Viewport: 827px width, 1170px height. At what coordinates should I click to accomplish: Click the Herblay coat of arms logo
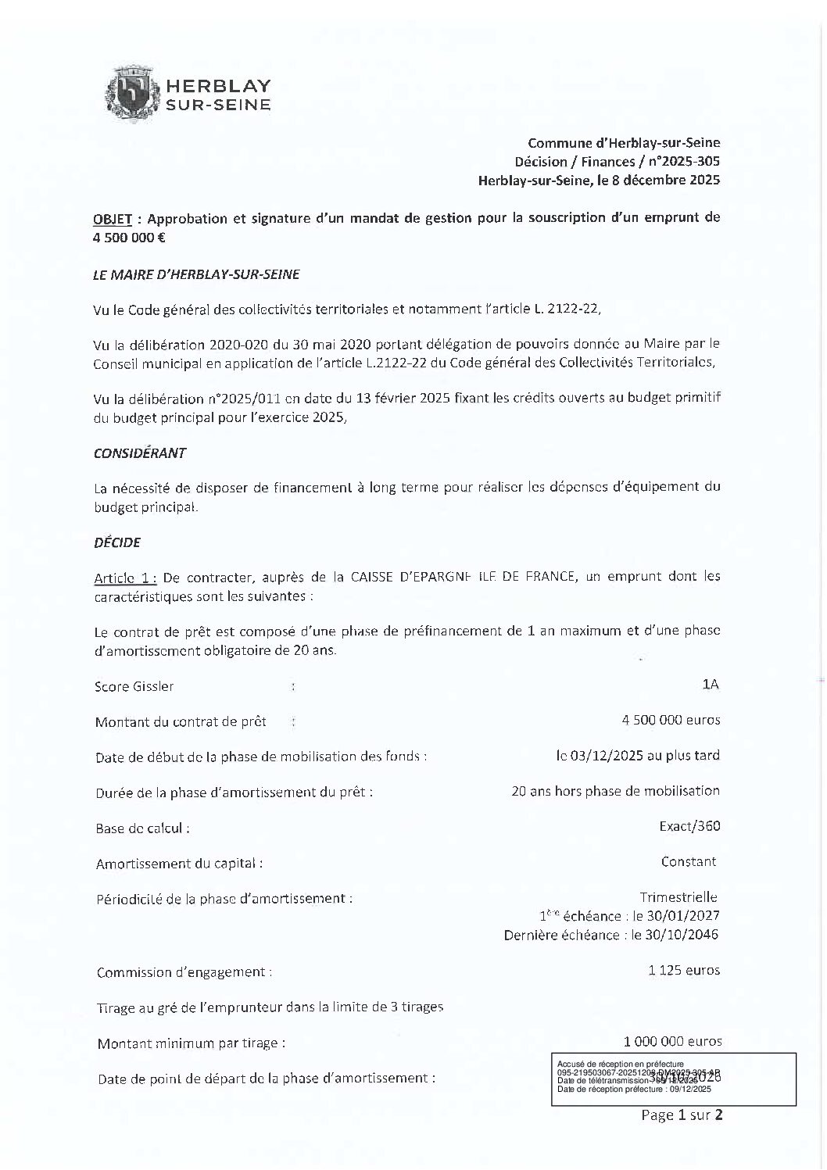click(x=133, y=93)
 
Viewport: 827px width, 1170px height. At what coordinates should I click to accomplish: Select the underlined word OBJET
click(x=113, y=218)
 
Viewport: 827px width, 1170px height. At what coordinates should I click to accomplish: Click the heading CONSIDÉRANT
click(x=140, y=453)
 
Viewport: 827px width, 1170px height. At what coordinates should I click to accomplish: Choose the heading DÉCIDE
click(x=116, y=542)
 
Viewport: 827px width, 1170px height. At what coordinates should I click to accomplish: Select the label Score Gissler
click(x=134, y=687)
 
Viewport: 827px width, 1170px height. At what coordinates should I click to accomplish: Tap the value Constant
click(x=688, y=862)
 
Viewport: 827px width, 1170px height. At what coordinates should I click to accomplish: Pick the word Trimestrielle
click(x=678, y=898)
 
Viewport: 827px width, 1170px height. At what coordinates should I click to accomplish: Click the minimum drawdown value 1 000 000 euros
click(x=672, y=1042)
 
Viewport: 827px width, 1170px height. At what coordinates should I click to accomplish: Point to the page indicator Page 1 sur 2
click(x=681, y=1115)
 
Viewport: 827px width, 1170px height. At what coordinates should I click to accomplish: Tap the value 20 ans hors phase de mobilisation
click(x=614, y=791)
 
